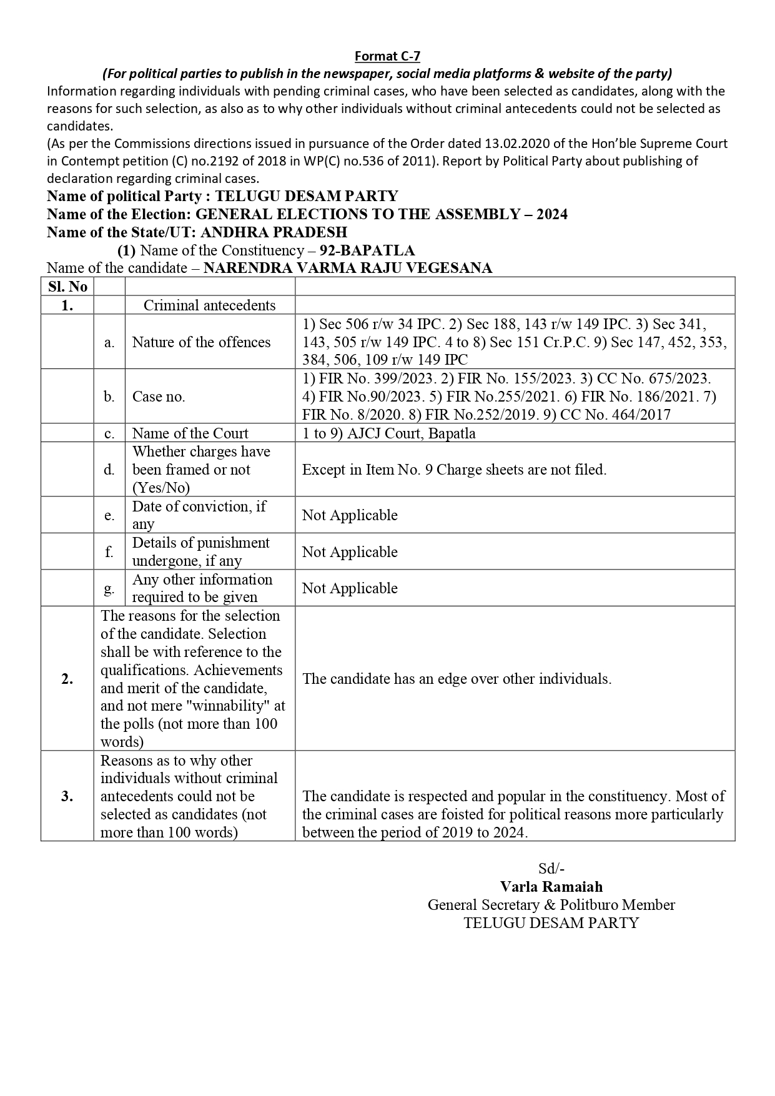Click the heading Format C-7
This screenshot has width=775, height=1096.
tap(387, 56)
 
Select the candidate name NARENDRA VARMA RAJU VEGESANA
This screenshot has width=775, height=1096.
tap(348, 268)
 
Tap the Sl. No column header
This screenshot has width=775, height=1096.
tap(67, 287)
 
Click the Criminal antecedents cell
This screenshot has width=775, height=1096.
tap(209, 305)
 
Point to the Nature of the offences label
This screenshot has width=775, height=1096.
tap(201, 342)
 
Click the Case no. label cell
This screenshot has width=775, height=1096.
tap(159, 397)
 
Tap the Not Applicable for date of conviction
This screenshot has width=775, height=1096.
tap(350, 515)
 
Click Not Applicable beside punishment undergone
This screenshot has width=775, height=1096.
tap(350, 552)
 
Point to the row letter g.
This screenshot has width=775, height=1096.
tap(109, 588)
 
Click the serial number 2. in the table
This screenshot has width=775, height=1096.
tap(67, 679)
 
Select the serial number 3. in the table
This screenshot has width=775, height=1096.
tap(67, 796)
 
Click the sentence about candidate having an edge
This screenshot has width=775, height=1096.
tap(457, 679)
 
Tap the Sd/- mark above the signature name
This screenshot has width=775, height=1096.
tap(551, 869)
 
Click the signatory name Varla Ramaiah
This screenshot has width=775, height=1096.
tap(551, 887)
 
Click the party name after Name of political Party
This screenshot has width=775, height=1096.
tap(306, 197)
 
